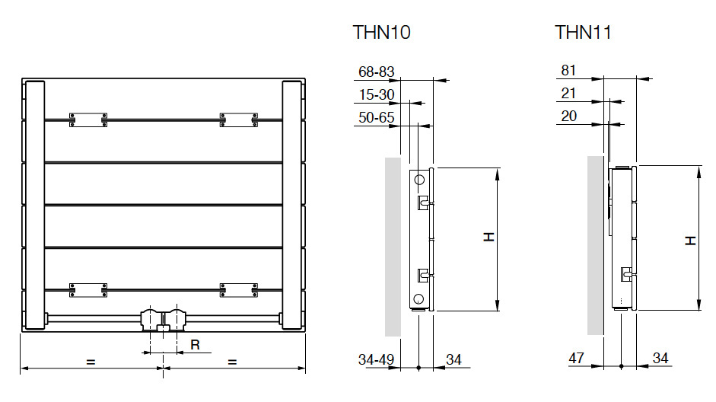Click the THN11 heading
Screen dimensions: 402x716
[x=583, y=32]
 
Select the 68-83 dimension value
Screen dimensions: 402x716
[x=376, y=72]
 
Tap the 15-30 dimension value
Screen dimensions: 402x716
[x=376, y=94]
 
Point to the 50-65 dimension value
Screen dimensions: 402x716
[x=376, y=117]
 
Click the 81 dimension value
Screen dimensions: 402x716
[x=568, y=71]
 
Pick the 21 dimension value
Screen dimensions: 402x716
[x=568, y=94]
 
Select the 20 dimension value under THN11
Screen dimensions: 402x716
[x=568, y=116]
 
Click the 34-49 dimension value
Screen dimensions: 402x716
[x=376, y=359]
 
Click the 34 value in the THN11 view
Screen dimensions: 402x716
[x=662, y=359]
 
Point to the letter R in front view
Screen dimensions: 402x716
[x=195, y=346]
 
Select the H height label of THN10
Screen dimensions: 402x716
[x=488, y=238]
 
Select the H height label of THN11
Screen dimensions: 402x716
[x=690, y=240]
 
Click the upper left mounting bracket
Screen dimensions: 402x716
[x=88, y=120]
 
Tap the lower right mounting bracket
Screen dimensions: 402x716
[x=238, y=290]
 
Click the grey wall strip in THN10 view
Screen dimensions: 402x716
[x=392, y=247]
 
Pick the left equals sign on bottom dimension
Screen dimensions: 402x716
[x=91, y=362]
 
